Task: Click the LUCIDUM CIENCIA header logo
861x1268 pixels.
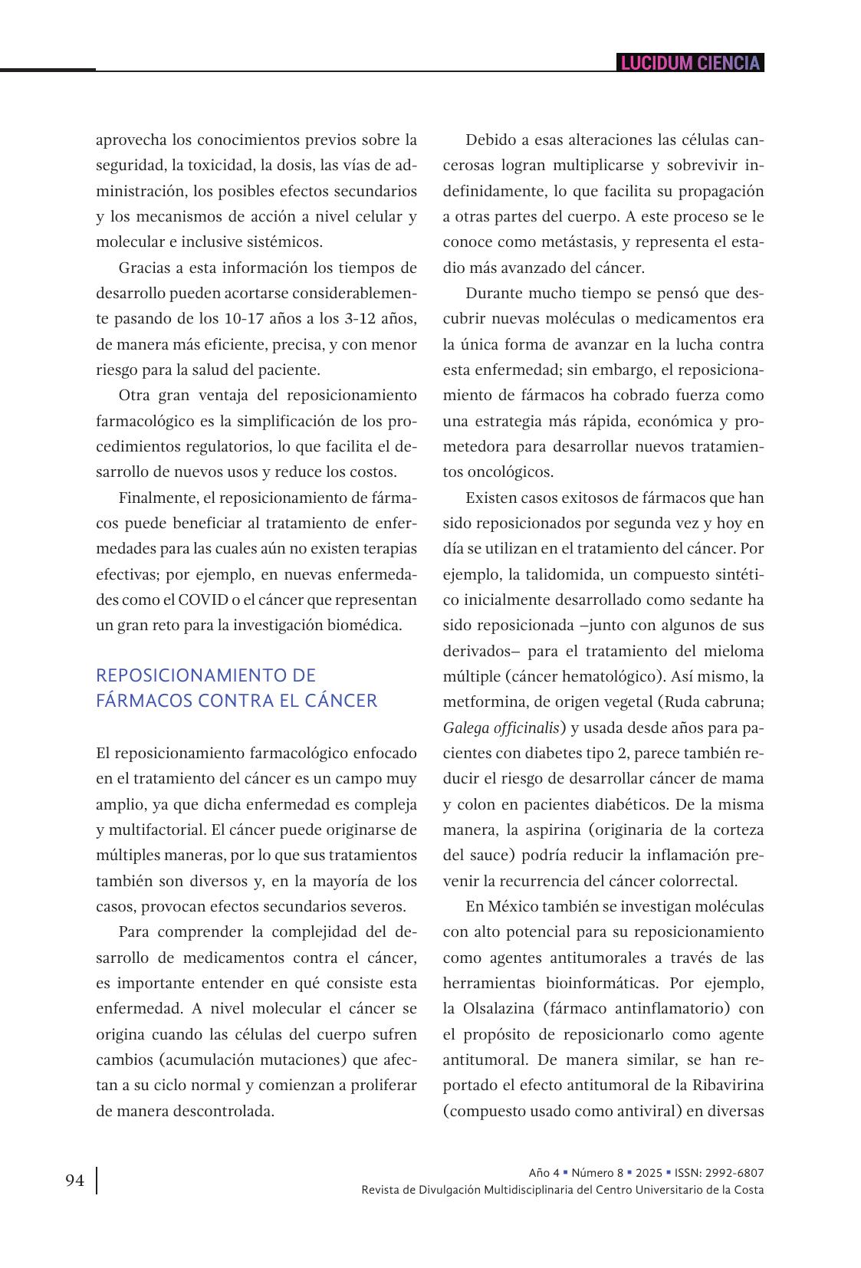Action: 690,63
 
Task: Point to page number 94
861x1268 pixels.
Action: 74,1181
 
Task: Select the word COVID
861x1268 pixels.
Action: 199,600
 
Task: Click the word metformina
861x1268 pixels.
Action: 481,702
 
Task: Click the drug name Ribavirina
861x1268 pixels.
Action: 728,1086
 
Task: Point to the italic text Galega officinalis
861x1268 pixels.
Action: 501,728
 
